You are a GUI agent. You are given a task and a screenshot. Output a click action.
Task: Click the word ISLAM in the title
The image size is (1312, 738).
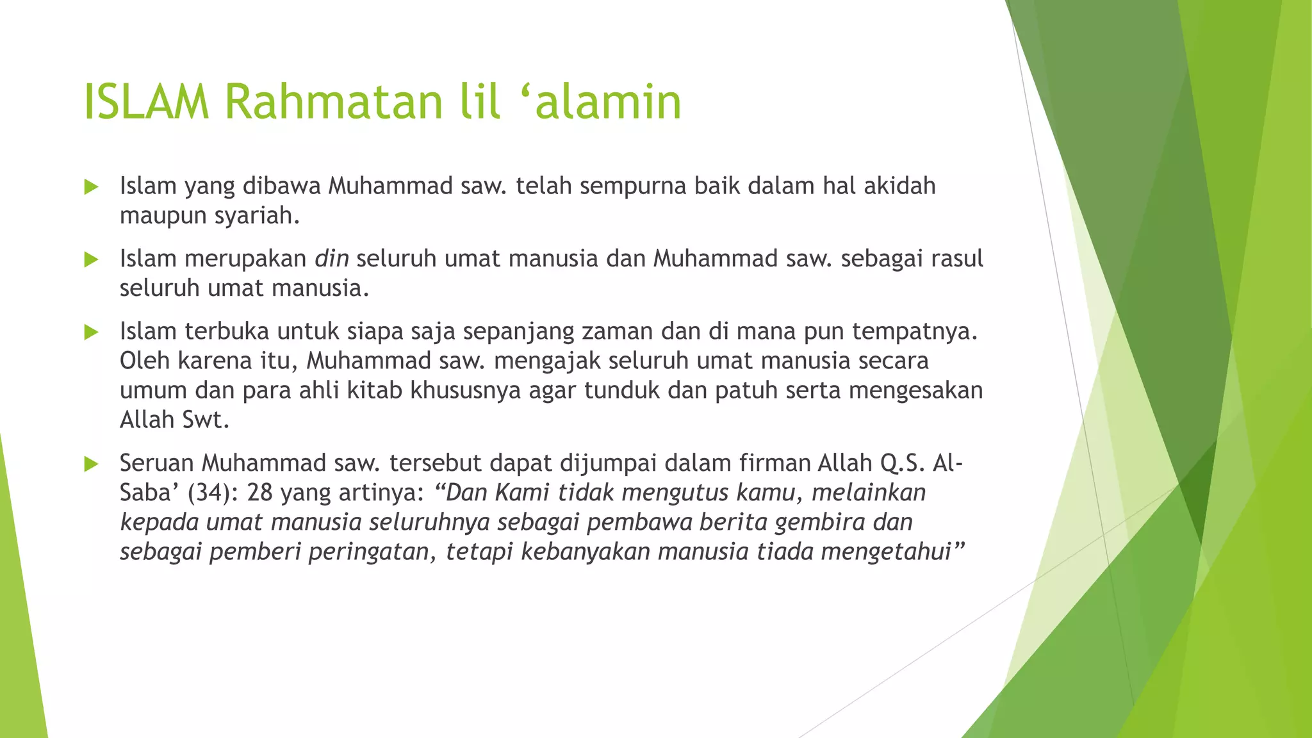click(x=146, y=102)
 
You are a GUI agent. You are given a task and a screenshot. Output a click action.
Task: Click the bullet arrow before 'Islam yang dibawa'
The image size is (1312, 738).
click(x=91, y=187)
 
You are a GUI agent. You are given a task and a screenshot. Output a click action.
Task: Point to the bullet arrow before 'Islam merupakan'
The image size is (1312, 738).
click(x=91, y=259)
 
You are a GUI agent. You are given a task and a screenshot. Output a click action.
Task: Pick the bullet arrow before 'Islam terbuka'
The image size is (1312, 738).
click(x=91, y=332)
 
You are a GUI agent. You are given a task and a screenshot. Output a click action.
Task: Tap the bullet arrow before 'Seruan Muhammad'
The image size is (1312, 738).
click(x=91, y=464)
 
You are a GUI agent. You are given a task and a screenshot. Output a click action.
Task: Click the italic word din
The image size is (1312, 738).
click(x=331, y=258)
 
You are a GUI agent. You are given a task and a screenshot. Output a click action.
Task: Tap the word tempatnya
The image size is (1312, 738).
click(x=914, y=331)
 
